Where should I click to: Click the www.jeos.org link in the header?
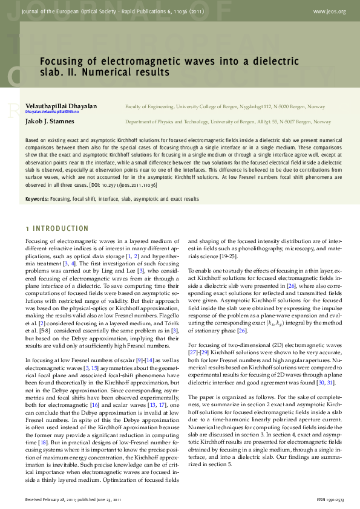329,11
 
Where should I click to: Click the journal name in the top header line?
109,11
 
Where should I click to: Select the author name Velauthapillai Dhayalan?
61,106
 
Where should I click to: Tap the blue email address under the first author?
52,112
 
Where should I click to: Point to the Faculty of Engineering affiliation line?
224,106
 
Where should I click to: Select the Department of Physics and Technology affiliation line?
228,122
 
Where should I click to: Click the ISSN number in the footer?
330,499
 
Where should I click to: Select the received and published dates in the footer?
73,499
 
